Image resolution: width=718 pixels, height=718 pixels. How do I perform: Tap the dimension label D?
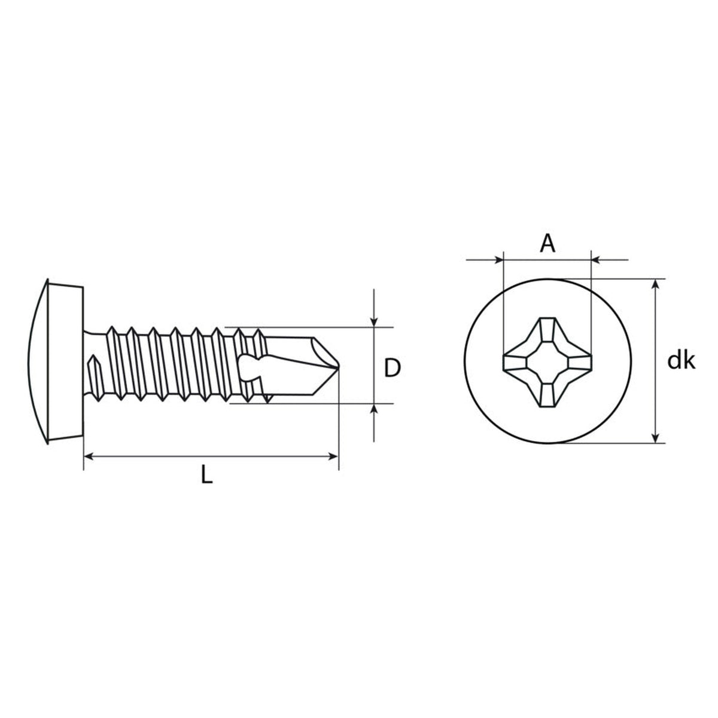pyautogui.click(x=392, y=367)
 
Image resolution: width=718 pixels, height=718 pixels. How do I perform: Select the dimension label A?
pyautogui.click(x=547, y=244)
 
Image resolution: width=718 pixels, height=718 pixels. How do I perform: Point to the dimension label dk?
pyautogui.click(x=681, y=361)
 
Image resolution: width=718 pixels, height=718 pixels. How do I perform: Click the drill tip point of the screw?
pyautogui.click(x=338, y=367)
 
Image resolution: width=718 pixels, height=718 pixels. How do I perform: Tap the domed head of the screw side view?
pyautogui.click(x=56, y=361)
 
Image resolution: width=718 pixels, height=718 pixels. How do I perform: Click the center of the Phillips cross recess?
pyautogui.click(x=547, y=361)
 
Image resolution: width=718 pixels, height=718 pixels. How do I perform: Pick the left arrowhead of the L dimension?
pyautogui.click(x=89, y=457)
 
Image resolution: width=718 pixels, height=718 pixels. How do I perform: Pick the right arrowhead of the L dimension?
pyautogui.click(x=333, y=457)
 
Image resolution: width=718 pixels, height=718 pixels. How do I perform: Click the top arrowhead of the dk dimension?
pyautogui.click(x=656, y=284)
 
